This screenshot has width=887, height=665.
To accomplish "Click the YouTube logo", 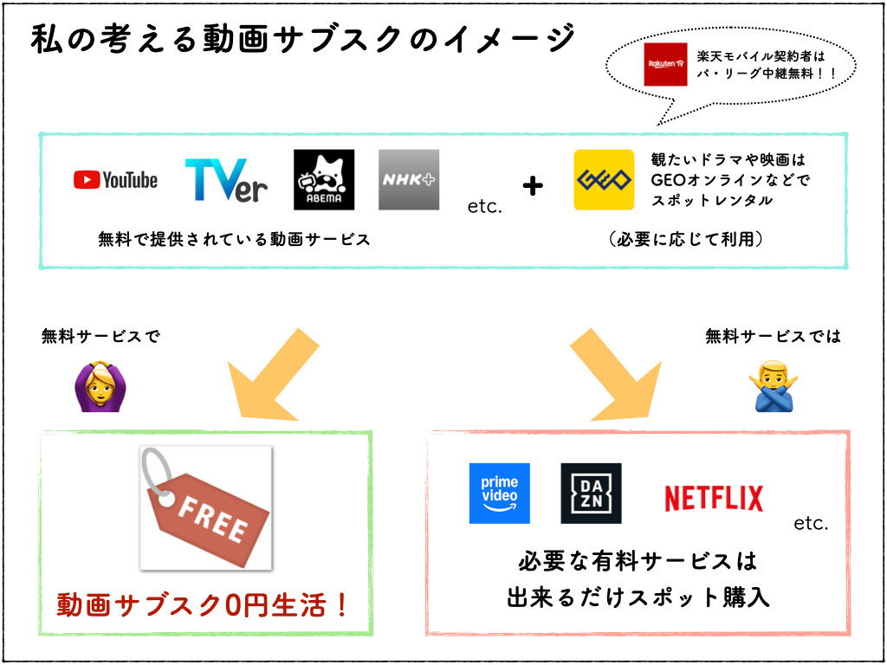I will tap(115, 180).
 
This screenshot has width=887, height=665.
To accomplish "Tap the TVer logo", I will tap(226, 180).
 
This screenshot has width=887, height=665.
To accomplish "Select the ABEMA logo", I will tap(324, 180).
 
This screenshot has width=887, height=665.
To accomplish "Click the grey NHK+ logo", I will tap(409, 180).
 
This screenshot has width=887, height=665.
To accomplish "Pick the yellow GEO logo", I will tap(604, 180).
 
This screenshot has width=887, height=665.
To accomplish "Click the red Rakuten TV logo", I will tap(665, 65).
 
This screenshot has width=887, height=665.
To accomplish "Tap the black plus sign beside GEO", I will tap(533, 184).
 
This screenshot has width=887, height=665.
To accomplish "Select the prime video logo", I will tap(499, 494).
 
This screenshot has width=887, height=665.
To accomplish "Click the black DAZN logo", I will tap(591, 494).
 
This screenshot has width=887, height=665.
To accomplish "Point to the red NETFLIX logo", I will tap(714, 498).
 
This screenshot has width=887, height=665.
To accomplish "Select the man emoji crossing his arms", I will tap(774, 387).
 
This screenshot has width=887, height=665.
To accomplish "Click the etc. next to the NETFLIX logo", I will tap(811, 523).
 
